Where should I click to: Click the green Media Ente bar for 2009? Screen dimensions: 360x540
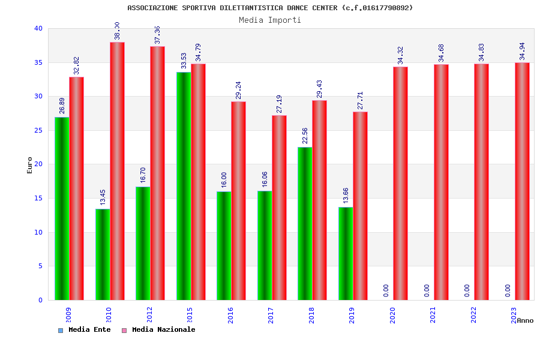tap(62, 208)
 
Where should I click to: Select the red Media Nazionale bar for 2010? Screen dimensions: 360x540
tap(117, 171)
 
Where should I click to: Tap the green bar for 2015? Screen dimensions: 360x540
tap(184, 186)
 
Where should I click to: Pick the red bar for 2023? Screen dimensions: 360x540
tap(522, 181)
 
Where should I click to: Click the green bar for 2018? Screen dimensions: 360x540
tap(305, 223)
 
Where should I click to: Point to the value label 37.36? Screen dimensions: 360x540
tap(157, 35)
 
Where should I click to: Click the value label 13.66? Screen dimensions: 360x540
tap(346, 196)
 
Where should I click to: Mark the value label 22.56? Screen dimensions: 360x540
tap(305, 136)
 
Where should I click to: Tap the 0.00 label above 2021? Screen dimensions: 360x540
tap(427, 290)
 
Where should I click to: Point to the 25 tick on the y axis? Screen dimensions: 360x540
tap(38, 130)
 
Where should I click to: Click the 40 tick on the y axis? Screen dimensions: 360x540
tap(38, 28)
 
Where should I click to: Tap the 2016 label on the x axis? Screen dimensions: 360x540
tap(230, 315)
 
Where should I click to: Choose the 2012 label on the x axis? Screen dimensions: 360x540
tap(149, 315)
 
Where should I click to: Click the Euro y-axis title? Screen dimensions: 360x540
tap(30, 165)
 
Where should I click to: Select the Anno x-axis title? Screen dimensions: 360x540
tap(525, 320)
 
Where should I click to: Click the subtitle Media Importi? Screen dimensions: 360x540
tap(270, 20)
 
